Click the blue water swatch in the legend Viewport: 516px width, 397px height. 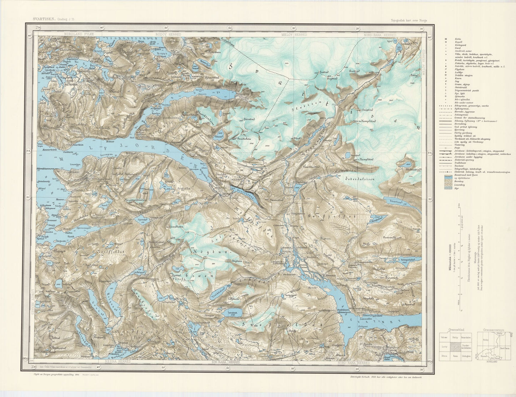pyautogui.click(x=446, y=177)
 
